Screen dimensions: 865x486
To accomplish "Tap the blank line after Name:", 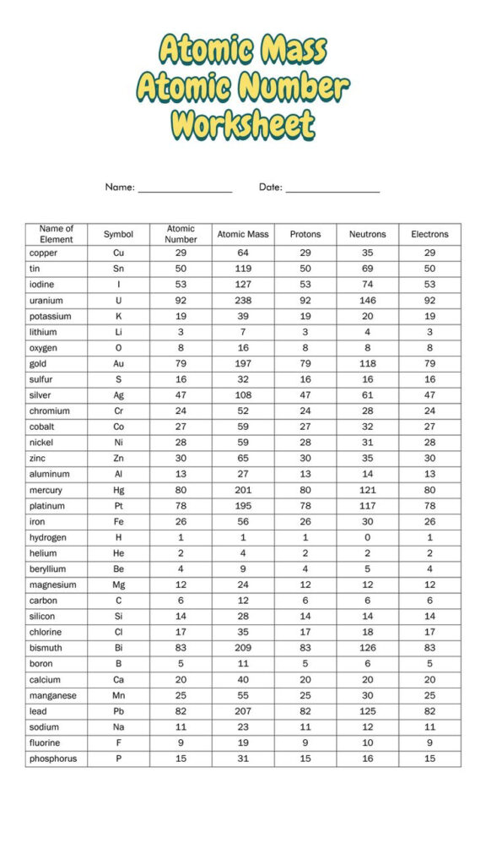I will tap(185, 189).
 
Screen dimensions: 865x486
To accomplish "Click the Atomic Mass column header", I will tap(243, 234).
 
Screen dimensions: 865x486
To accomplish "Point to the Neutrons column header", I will tap(367, 234).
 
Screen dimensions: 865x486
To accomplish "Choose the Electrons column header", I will tap(429, 234).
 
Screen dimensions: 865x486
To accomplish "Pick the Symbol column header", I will tap(118, 234).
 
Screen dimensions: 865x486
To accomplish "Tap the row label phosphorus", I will tap(52, 759).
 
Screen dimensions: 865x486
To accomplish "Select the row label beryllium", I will tap(47, 569).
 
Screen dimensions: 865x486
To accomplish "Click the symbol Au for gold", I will tap(118, 364).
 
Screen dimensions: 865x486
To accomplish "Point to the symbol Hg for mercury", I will tap(118, 490).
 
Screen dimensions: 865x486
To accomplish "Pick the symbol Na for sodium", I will tap(118, 727).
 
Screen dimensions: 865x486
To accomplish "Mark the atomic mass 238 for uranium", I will tap(243, 301).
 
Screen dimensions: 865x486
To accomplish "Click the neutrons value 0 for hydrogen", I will tap(367, 537).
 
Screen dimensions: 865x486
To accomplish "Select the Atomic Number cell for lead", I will tap(181, 711).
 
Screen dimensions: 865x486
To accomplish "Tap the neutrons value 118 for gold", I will tap(367, 364).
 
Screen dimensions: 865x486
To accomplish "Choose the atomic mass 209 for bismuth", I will tap(243, 648).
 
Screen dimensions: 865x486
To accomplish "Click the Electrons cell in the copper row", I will tap(429, 253).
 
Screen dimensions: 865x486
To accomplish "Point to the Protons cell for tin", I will tap(305, 269).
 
